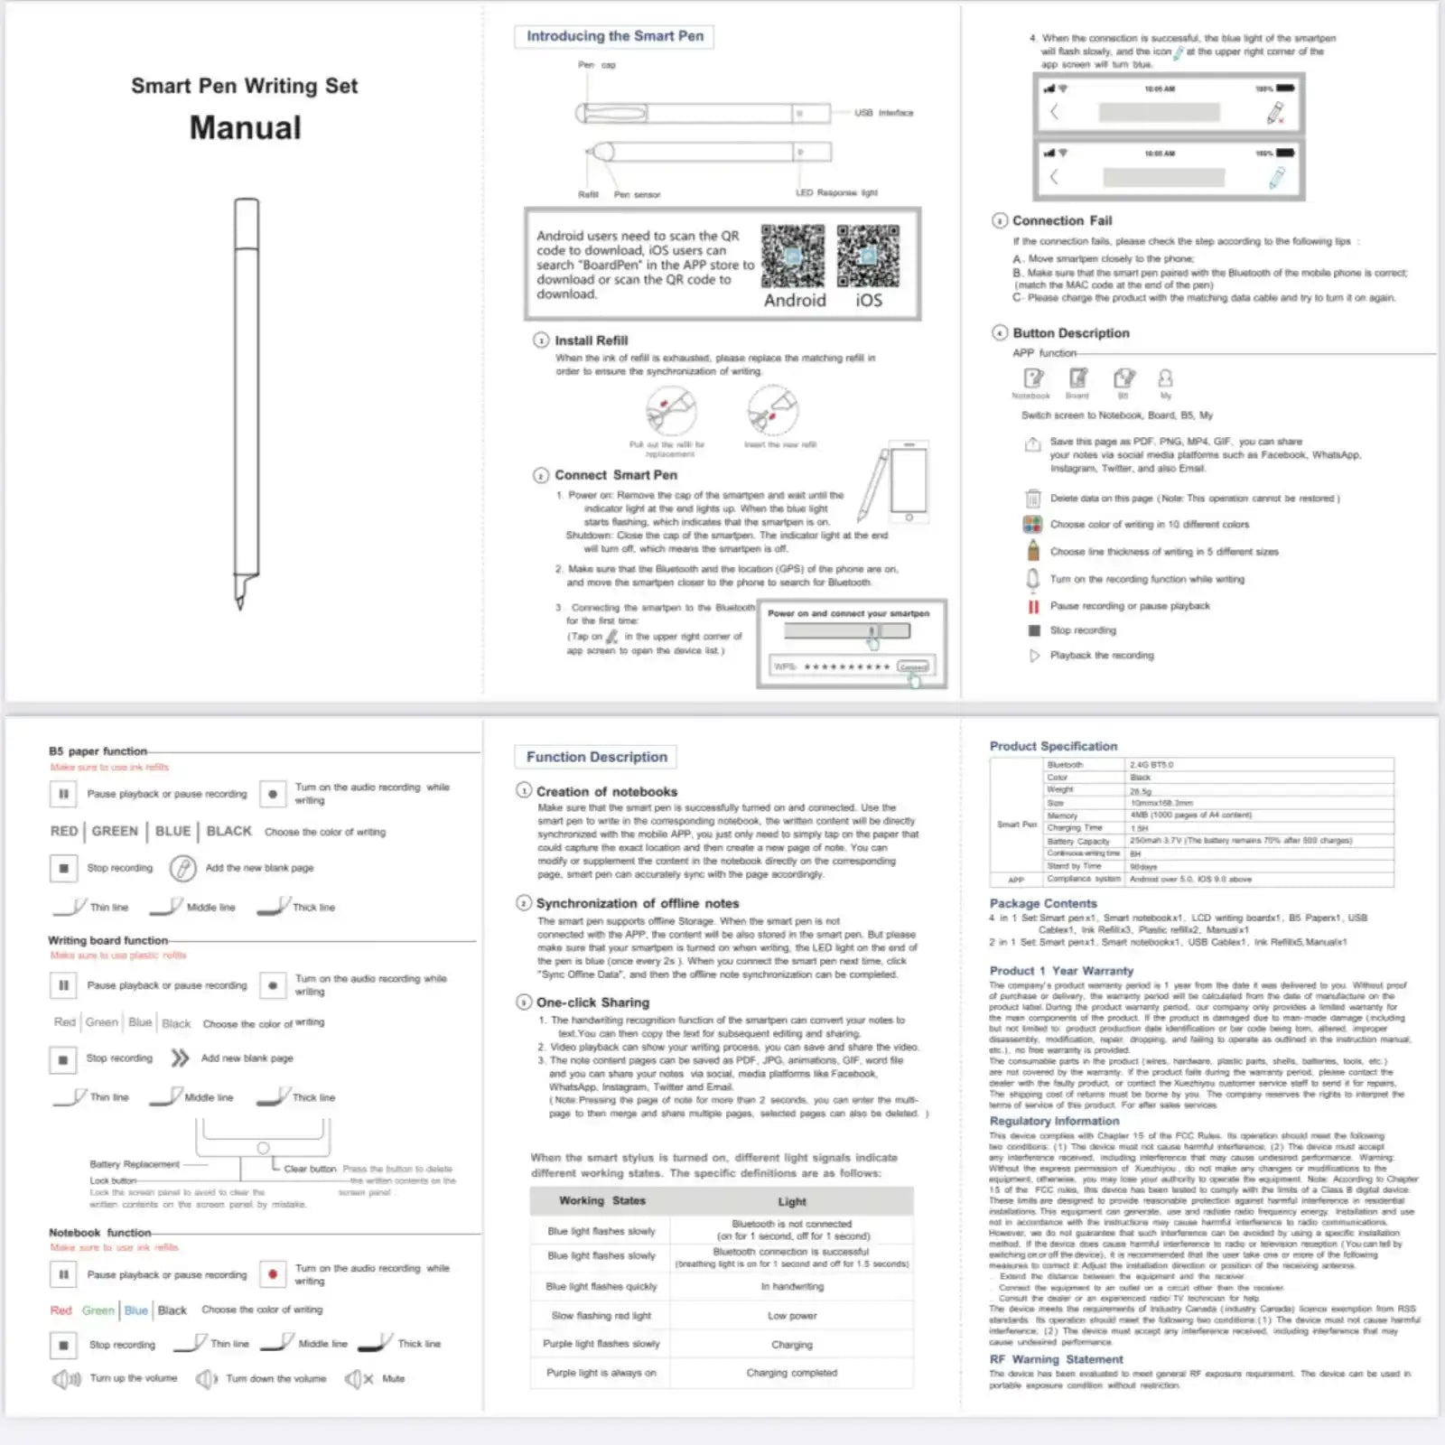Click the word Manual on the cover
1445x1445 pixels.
[x=246, y=128]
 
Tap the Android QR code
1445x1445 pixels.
[x=792, y=256]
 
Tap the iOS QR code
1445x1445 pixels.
[x=868, y=256]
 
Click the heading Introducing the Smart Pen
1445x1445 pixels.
[x=615, y=36]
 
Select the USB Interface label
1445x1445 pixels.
[x=883, y=113]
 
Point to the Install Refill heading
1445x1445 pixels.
[x=591, y=340]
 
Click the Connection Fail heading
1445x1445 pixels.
[x=1062, y=220]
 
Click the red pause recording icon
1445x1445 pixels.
[x=1033, y=606]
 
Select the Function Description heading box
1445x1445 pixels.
[x=597, y=757]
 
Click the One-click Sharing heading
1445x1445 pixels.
[x=592, y=1002]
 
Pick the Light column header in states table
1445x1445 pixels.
[x=792, y=1201]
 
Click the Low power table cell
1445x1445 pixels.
[x=792, y=1316]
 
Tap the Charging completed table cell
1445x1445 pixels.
[x=792, y=1373]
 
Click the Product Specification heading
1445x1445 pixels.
[x=1053, y=746]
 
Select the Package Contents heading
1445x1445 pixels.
[x=1043, y=903]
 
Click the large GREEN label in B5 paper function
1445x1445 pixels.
[x=115, y=831]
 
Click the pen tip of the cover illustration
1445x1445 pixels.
[x=240, y=603]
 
